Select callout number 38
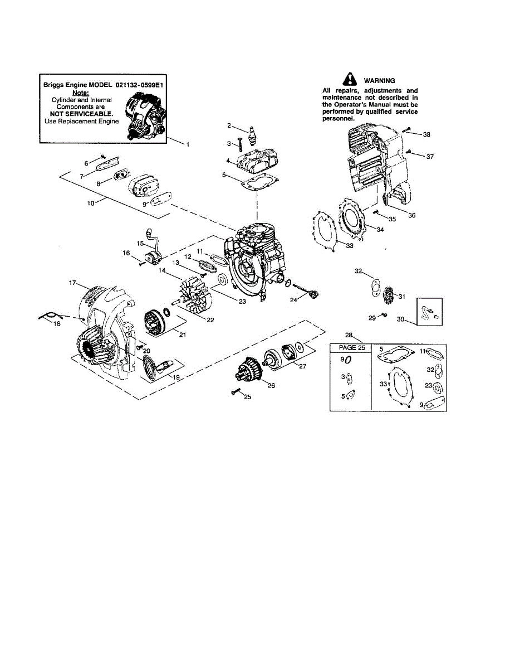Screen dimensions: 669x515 pyautogui.click(x=426, y=134)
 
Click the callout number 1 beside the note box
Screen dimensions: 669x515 pyautogui.click(x=188, y=144)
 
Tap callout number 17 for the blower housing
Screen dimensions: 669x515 pyautogui.click(x=72, y=283)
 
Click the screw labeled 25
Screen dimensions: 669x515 pyautogui.click(x=236, y=392)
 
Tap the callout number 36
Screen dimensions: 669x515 pyautogui.click(x=411, y=215)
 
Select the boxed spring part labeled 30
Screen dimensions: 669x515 pyautogui.click(x=430, y=312)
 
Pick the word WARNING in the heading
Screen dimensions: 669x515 pyautogui.click(x=379, y=80)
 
